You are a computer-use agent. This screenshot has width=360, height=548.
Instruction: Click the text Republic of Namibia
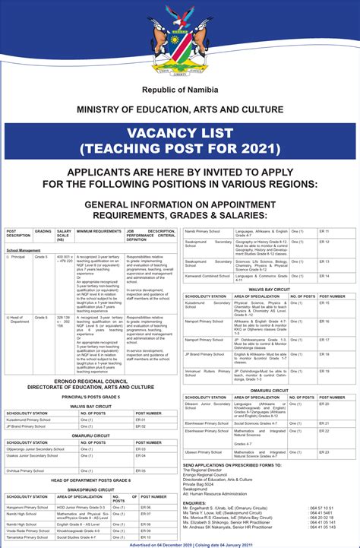[179, 90]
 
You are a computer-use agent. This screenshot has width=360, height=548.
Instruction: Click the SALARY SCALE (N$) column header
[64, 236]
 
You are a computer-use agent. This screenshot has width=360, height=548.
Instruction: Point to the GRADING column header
[43, 231]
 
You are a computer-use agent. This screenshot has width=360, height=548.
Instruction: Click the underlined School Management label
[24, 250]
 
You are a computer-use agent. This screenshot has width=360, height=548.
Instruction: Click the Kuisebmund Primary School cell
[29, 420]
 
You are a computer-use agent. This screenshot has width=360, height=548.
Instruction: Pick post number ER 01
[141, 420]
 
